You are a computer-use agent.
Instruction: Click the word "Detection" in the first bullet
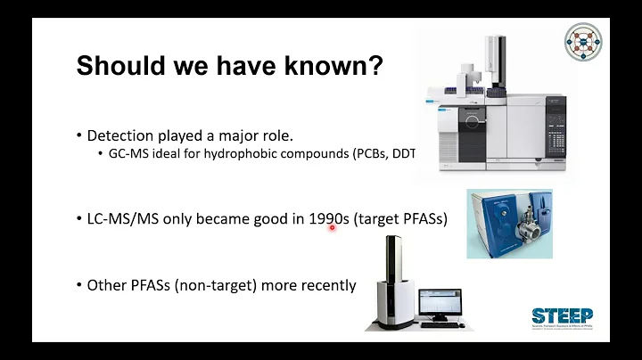click(121, 135)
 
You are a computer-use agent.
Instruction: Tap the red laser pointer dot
click(332, 228)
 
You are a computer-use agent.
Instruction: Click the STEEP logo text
click(562, 316)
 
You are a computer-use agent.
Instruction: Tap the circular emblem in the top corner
click(583, 43)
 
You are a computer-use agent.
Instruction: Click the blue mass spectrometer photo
click(508, 223)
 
